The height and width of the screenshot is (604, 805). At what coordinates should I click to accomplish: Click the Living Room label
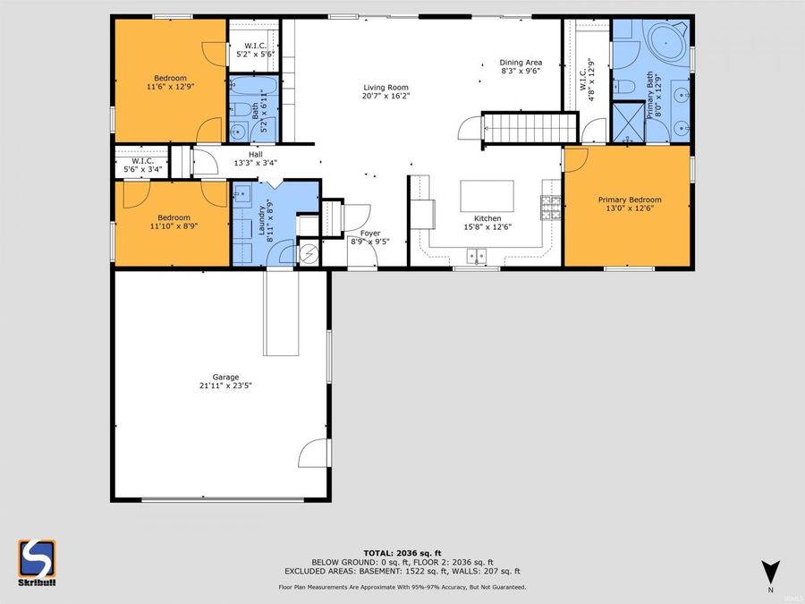tap(386, 87)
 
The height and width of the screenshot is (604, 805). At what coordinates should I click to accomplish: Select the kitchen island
tap(487, 195)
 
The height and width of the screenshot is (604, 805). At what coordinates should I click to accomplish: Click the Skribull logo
tap(37, 560)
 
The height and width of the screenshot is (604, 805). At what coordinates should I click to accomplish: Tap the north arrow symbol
tap(770, 571)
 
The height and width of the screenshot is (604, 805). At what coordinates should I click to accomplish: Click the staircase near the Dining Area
tap(529, 126)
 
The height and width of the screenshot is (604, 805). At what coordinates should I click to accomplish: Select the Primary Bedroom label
tap(630, 200)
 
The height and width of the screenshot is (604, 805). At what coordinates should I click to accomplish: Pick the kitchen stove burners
tap(550, 208)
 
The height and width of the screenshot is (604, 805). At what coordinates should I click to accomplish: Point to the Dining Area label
tap(521, 63)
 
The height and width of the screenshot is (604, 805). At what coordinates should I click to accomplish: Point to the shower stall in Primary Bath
tap(628, 123)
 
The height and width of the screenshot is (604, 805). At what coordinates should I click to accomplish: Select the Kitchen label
tap(487, 218)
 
